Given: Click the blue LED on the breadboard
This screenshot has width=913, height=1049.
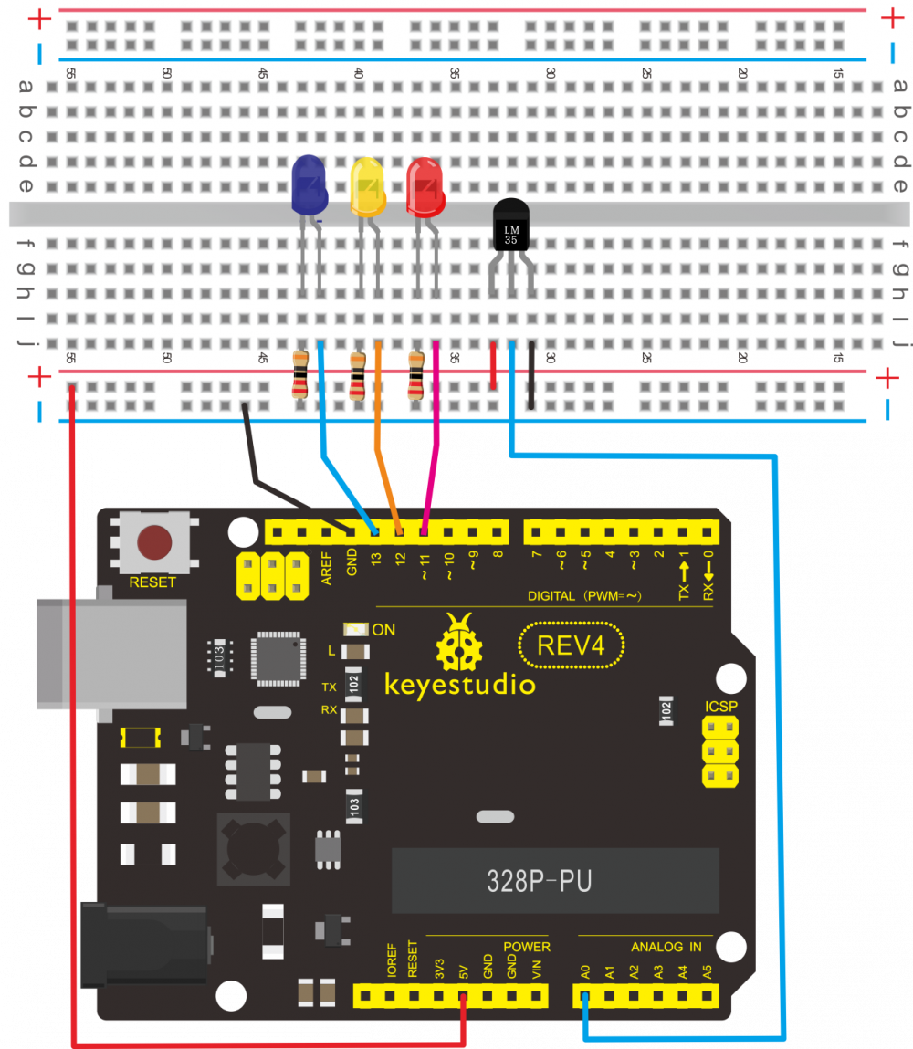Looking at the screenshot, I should tap(310, 184).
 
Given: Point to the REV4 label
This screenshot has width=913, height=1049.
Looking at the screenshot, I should tap(571, 645).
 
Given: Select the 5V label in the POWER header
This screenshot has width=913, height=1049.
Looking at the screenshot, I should tap(464, 969).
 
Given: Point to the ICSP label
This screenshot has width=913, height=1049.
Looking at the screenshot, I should tap(720, 707).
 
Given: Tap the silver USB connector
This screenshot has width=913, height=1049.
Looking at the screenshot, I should tap(110, 653).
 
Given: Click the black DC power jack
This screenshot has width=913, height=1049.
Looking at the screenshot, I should tap(142, 945).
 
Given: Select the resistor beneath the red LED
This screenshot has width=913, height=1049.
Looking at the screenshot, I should tap(416, 375).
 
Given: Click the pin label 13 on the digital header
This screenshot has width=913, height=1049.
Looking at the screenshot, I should tap(374, 562).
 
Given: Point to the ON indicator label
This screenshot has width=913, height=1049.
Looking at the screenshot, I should tap(383, 629).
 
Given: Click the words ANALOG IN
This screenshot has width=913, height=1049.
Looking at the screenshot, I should tap(666, 947).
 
